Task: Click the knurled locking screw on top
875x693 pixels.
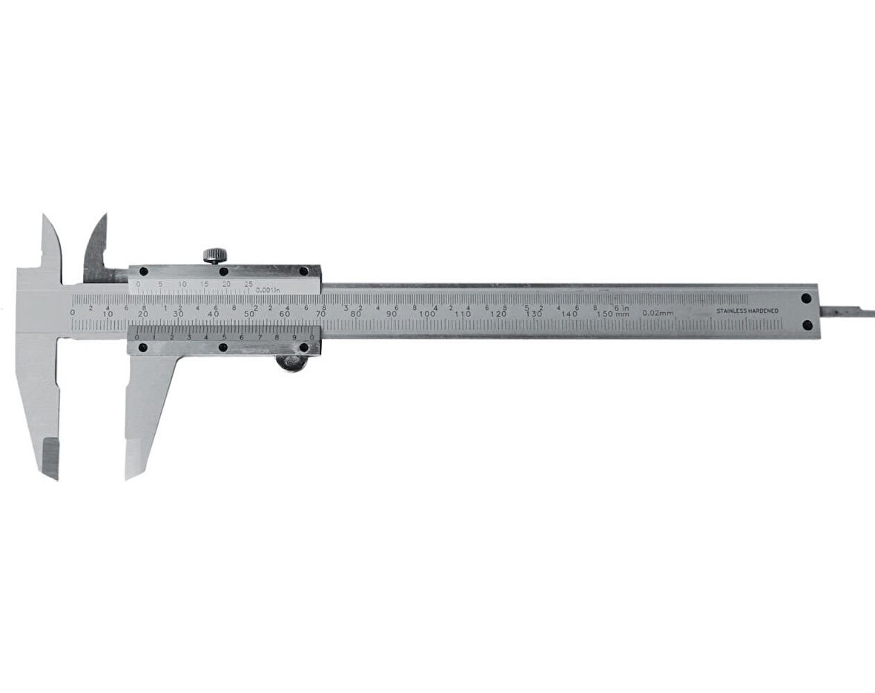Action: point(215,256)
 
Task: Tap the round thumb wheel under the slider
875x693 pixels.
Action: point(291,362)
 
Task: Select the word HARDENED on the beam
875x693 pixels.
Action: point(765,311)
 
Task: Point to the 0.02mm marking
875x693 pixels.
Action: point(658,313)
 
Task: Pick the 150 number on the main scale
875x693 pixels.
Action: point(607,314)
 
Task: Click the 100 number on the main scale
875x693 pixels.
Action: point(427,314)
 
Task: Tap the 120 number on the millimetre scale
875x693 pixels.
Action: point(498,314)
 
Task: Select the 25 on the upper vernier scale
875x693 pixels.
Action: point(248,284)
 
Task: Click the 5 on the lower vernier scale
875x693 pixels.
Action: point(224,338)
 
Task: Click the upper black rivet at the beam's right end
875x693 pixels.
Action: point(807,298)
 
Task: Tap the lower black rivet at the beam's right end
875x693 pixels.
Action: point(807,325)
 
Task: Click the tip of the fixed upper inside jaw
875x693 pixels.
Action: point(44,219)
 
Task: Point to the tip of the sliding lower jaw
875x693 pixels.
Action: point(130,473)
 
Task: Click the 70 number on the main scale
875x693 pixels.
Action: point(320,314)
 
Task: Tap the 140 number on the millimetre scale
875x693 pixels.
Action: point(569,314)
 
